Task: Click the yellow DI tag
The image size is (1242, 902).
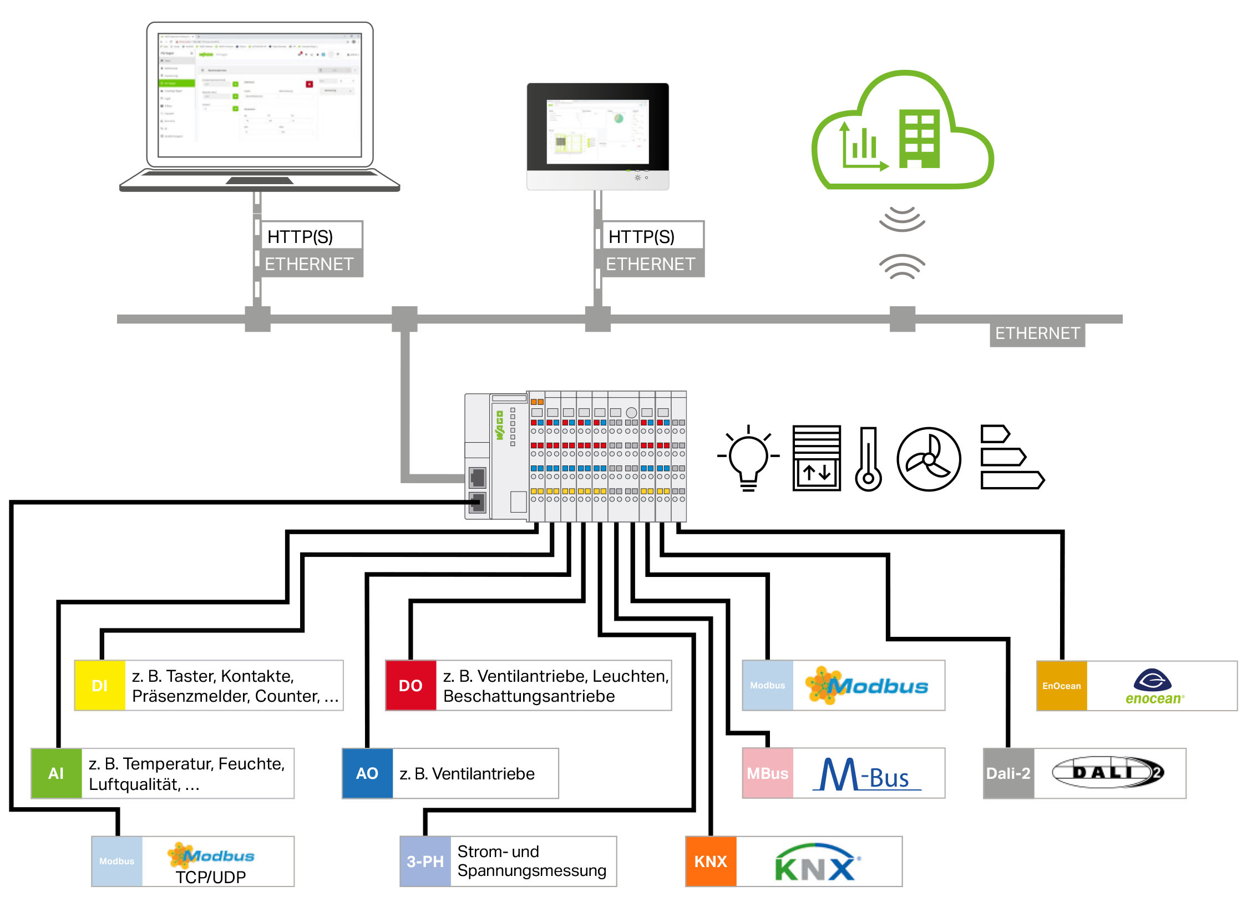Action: [x=100, y=686]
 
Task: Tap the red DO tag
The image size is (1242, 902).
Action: [x=410, y=686]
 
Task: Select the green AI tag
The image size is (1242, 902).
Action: [x=56, y=773]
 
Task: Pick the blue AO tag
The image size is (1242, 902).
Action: [x=367, y=773]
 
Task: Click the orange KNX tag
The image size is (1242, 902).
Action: [x=711, y=862]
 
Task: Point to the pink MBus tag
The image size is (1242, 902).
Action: [x=767, y=773]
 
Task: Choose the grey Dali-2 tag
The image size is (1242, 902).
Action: [x=1008, y=773]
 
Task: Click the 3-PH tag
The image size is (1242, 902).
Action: [x=425, y=862]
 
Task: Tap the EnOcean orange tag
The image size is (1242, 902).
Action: [x=1061, y=686]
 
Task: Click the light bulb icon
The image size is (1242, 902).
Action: [x=748, y=458]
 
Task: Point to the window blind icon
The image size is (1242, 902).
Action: [x=817, y=458]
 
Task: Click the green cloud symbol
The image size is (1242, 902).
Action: [x=903, y=133]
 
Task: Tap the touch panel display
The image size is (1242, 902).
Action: [x=597, y=131]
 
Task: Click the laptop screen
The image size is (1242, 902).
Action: [x=260, y=94]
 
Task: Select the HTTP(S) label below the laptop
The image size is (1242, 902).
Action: [x=300, y=237]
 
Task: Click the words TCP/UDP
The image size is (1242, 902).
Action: [x=211, y=877]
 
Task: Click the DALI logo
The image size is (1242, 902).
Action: [x=1107, y=772]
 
